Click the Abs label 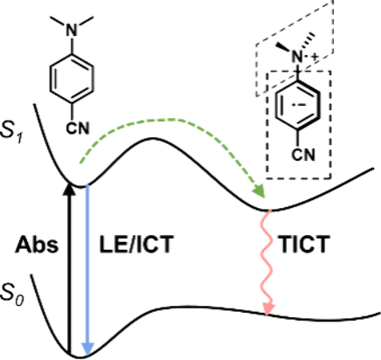point(37,245)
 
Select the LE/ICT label point(136,244)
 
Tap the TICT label point(304,244)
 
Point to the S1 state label point(11,133)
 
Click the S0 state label point(11,295)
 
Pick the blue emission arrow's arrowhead point(87,349)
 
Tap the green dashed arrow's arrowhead point(260,191)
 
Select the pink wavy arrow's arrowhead point(268,308)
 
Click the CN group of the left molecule point(77,128)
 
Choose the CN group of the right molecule point(303,155)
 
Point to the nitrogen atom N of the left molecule point(72,30)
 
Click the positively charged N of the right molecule point(297,57)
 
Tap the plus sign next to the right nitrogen point(314,58)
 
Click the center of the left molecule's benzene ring point(72,79)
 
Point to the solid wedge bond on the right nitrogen point(283,48)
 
